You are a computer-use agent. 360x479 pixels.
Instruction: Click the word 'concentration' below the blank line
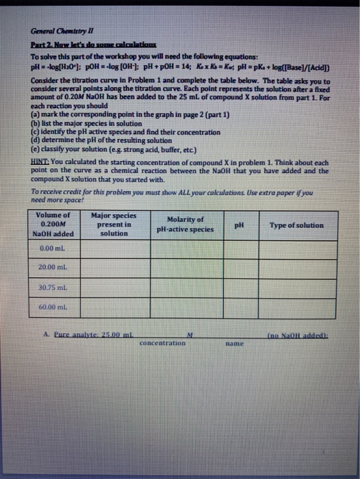(162, 343)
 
